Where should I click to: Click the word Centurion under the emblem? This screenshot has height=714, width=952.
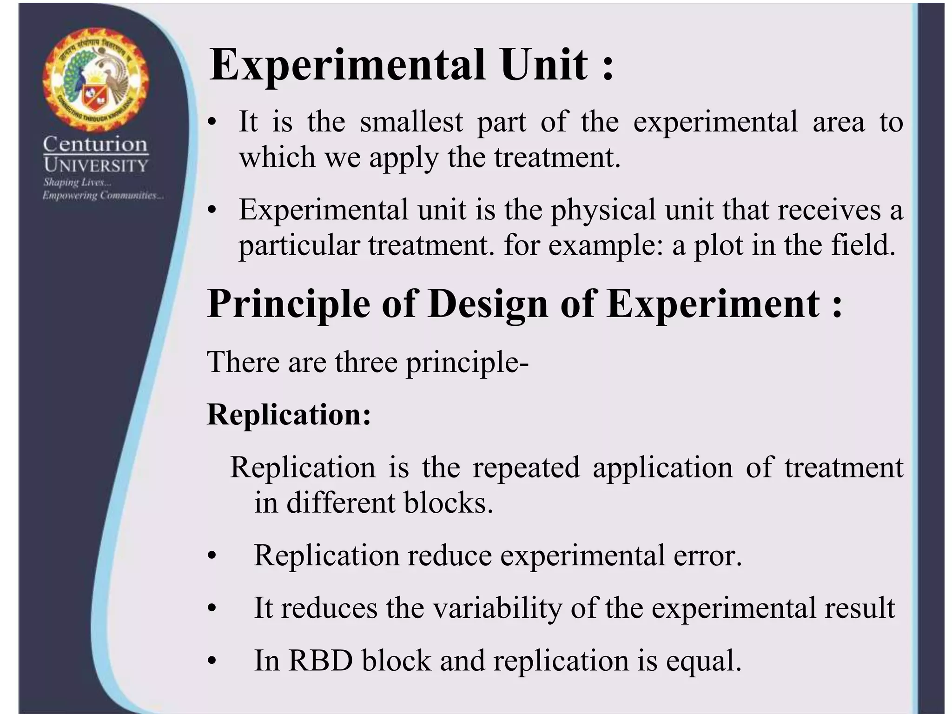click(95, 144)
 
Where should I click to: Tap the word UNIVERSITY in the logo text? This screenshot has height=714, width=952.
click(96, 165)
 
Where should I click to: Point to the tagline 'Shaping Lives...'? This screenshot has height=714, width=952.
click(77, 182)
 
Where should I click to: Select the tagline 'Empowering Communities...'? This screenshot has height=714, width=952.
click(103, 195)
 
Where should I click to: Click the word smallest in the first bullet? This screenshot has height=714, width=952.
click(411, 122)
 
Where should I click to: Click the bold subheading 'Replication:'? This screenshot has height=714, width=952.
click(289, 414)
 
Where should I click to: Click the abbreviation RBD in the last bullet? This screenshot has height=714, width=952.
click(320, 661)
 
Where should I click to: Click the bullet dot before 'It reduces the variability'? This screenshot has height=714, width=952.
click(212, 608)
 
